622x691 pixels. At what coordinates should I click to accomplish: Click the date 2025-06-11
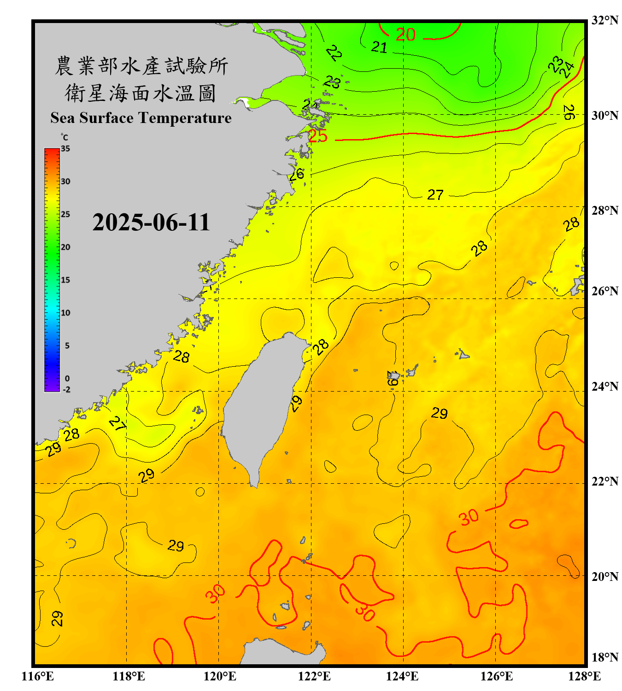[x=151, y=223]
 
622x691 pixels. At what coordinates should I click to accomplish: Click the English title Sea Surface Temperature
[x=141, y=118]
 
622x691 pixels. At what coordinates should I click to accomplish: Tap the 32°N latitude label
[x=604, y=20]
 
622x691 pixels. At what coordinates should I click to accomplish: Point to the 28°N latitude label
[x=604, y=211]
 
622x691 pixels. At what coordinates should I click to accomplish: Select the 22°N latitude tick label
[x=604, y=481]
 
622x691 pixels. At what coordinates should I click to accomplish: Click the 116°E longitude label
[x=38, y=676]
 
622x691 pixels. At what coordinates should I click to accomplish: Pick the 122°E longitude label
[x=314, y=676]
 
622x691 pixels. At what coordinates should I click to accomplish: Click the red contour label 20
[x=405, y=35]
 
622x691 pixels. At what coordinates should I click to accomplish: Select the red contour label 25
[x=317, y=136]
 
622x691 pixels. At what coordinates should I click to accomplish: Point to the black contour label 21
[x=379, y=47]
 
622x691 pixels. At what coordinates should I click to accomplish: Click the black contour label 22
[x=334, y=53]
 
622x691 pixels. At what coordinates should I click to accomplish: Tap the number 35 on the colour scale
[x=65, y=148]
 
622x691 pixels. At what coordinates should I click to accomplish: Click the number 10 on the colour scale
[x=65, y=313]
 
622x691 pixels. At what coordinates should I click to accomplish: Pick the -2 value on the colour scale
[x=66, y=389]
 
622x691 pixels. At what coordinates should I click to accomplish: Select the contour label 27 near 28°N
[x=435, y=195]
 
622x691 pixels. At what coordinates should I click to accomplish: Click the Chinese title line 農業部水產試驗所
[x=141, y=66]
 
